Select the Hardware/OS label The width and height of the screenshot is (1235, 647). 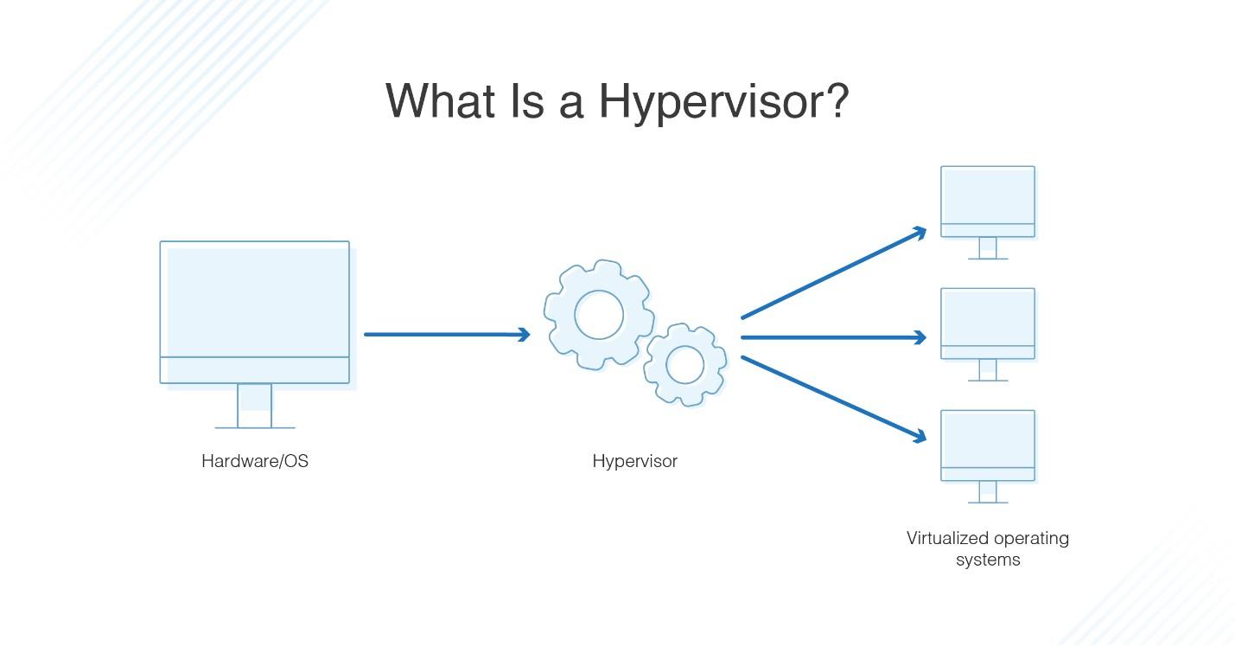click(x=255, y=461)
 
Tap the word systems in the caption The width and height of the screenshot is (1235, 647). click(x=988, y=561)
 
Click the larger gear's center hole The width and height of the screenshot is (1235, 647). click(x=599, y=315)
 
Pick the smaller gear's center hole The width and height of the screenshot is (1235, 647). click(x=684, y=365)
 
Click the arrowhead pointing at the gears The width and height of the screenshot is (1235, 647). click(x=523, y=334)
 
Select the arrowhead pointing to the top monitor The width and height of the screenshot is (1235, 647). click(x=919, y=233)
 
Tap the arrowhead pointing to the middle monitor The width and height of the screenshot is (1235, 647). click(x=919, y=337)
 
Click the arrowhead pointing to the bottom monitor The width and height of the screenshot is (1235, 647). click(x=919, y=436)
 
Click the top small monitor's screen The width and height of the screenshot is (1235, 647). click(x=988, y=195)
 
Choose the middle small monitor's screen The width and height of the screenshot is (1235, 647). click(x=988, y=317)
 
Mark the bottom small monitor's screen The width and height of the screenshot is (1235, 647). click(x=988, y=439)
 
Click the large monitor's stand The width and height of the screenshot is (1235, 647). click(x=255, y=406)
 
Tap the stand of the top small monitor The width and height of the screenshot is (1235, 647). click(x=988, y=248)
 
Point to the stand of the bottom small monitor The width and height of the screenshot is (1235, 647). click(x=988, y=492)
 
